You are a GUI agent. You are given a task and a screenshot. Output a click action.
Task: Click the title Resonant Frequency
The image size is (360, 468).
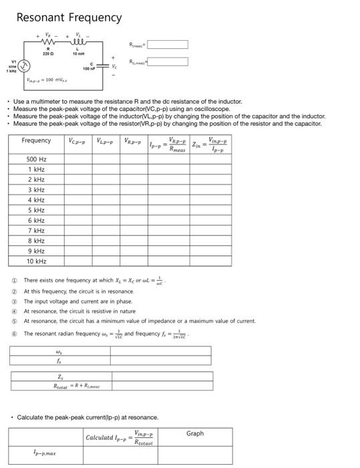coord(68,18)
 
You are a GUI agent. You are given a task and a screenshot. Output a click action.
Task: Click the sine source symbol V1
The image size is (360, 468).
coord(23,66)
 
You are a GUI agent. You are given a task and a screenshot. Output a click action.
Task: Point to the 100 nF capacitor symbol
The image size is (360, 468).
coord(102,66)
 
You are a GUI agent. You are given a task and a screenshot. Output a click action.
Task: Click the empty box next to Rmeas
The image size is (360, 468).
coord(168,45)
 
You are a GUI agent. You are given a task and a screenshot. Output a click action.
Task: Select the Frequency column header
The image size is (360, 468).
coord(36,140)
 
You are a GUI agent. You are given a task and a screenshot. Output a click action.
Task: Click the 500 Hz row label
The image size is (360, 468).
coord(36,159)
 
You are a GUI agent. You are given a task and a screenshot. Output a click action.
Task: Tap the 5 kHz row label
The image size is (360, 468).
coord(36,210)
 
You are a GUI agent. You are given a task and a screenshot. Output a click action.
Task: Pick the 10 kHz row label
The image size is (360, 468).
coord(36,261)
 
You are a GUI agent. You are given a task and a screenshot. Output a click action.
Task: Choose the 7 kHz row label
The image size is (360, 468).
coord(36,230)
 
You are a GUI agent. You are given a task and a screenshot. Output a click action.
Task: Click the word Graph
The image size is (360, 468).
coord(195,433)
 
